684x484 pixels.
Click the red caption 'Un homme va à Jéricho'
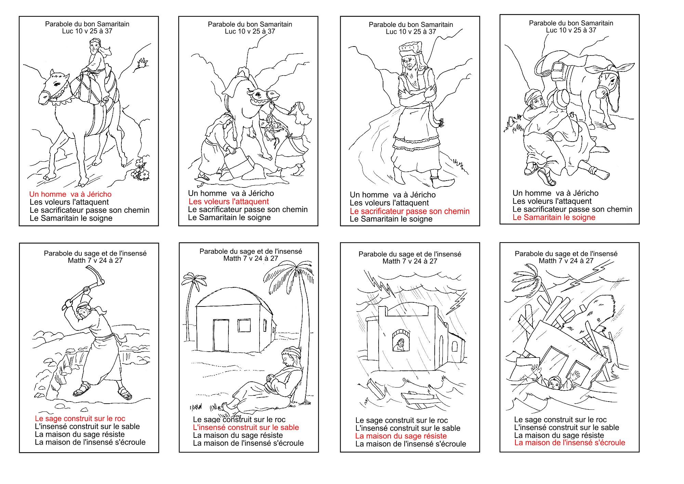point(70,194)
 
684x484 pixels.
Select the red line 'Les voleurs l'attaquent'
point(229,201)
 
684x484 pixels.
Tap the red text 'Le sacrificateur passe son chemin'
point(410,211)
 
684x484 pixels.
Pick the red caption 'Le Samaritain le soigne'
point(554,217)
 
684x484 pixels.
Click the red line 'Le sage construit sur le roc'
point(80,418)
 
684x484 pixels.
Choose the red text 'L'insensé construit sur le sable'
point(246,427)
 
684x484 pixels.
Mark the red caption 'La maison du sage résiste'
point(401,436)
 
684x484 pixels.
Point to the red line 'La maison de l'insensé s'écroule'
point(570,443)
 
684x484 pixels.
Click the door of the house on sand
point(221,330)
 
